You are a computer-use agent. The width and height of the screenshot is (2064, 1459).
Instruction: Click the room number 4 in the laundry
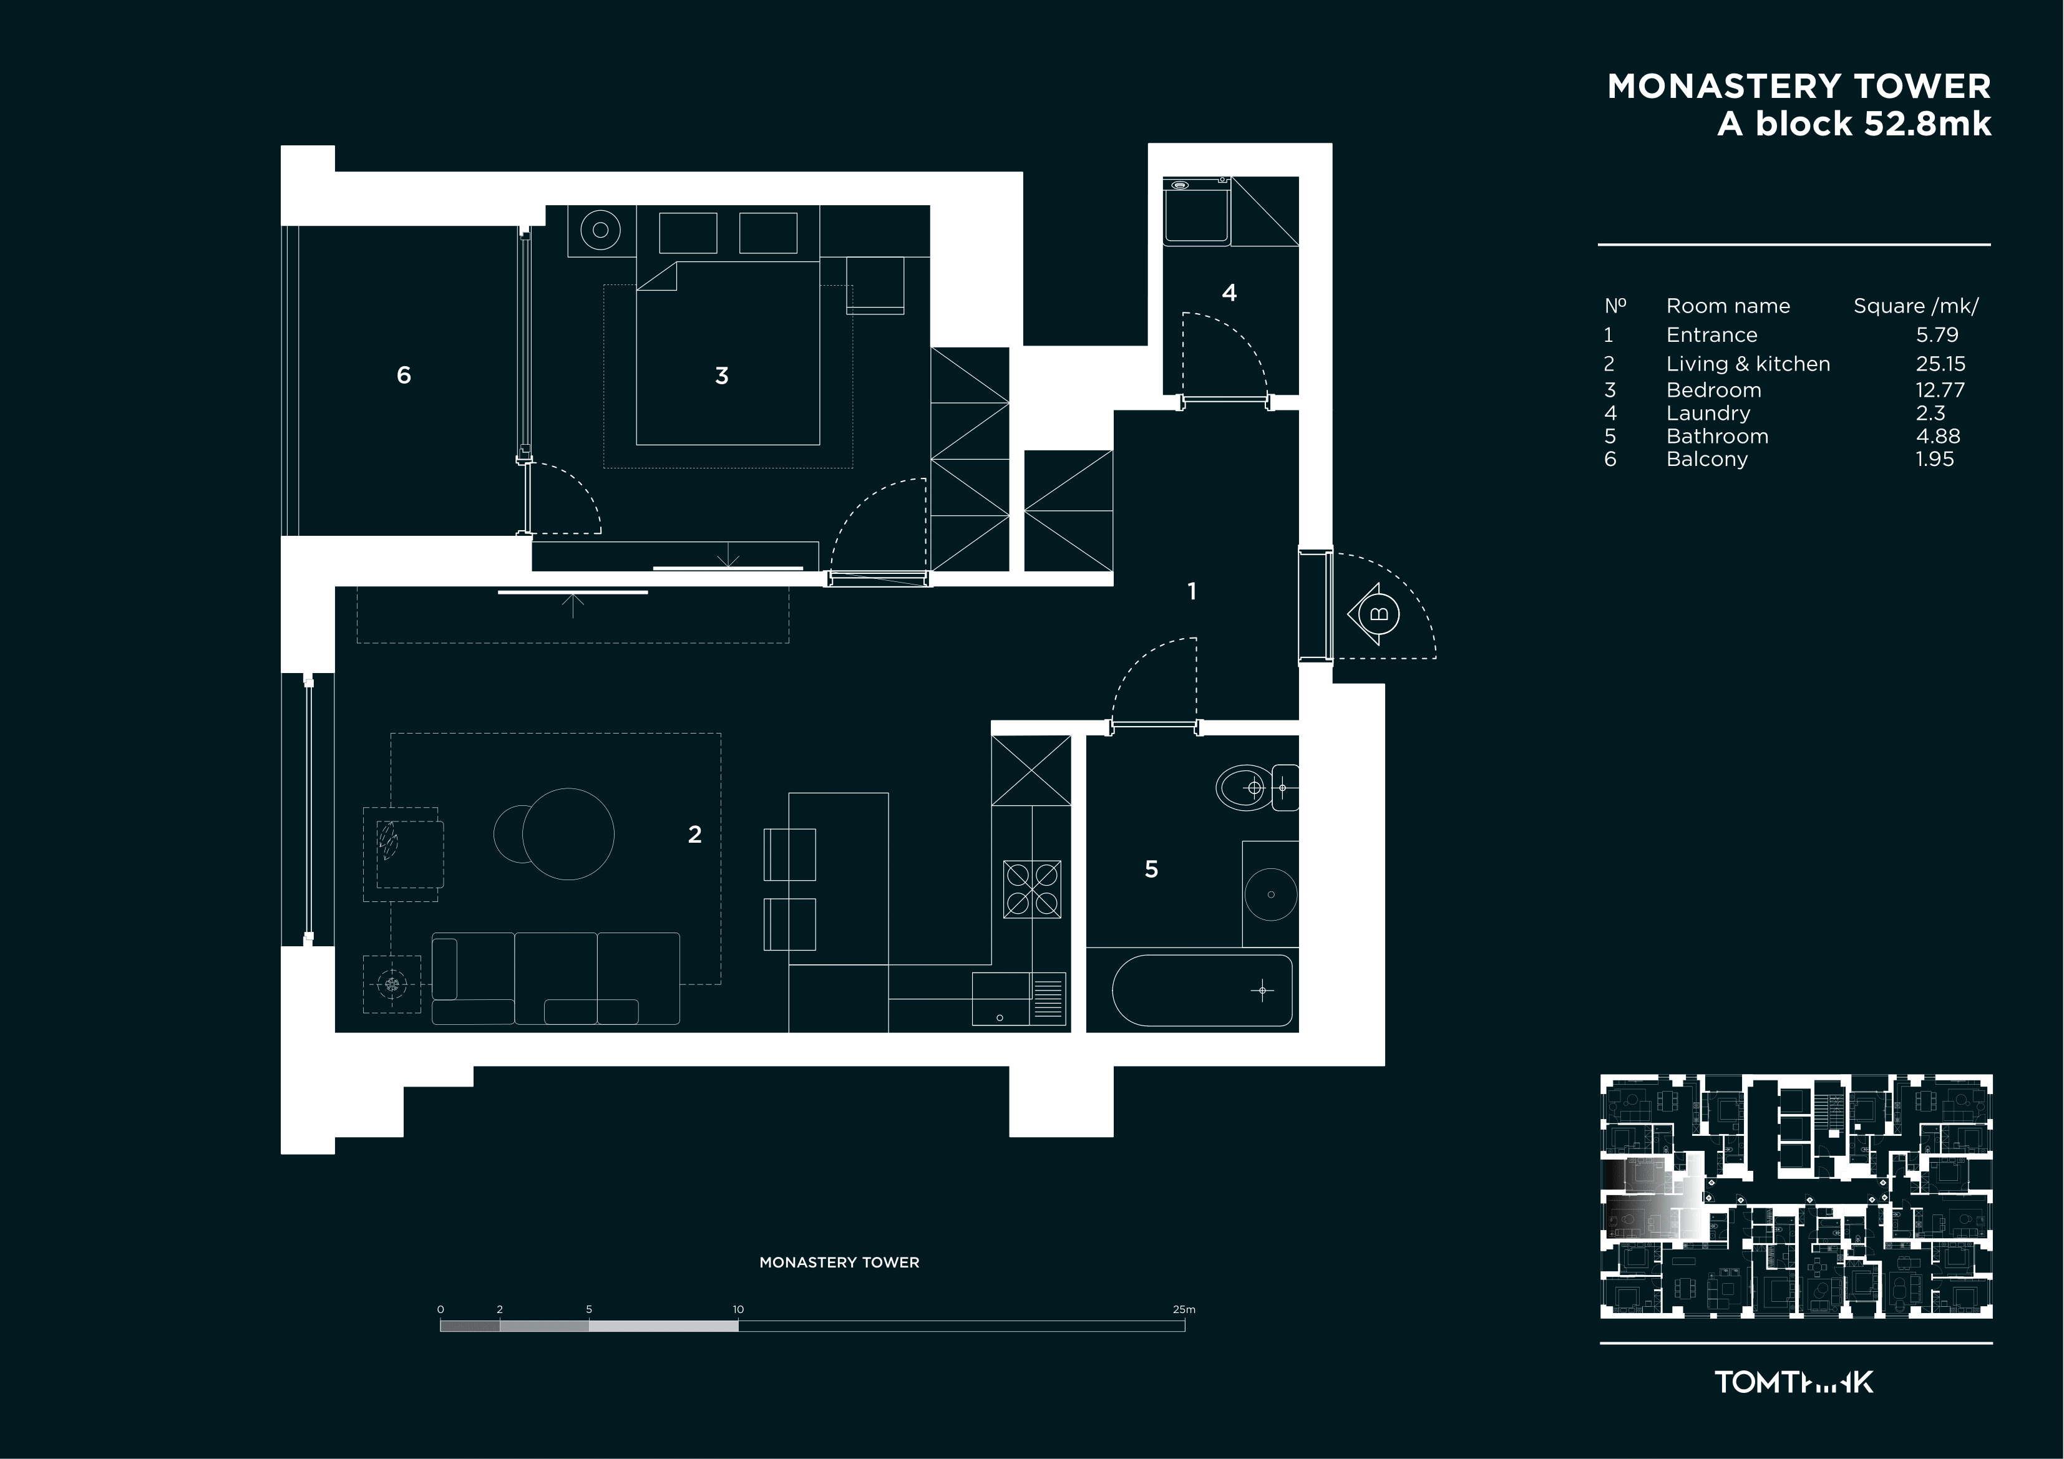(1229, 292)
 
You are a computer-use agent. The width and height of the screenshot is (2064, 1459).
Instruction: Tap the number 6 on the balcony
(404, 375)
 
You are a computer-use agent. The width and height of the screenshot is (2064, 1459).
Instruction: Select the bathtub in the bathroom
(1203, 991)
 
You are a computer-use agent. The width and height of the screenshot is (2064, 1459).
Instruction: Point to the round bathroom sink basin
(1270, 894)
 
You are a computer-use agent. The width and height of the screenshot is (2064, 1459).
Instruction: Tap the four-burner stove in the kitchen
(1032, 889)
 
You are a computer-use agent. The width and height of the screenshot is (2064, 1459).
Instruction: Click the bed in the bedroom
(728, 352)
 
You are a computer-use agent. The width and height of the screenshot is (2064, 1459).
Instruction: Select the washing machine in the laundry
(1197, 211)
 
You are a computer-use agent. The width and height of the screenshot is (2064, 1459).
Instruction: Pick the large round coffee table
(568, 834)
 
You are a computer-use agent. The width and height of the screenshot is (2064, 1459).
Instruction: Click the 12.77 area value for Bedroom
(1940, 390)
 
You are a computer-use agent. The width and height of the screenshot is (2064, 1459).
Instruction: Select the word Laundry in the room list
(1708, 414)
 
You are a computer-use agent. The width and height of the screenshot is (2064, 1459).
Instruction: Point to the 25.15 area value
(1940, 364)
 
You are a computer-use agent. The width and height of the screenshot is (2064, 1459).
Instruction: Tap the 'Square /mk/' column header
(1916, 306)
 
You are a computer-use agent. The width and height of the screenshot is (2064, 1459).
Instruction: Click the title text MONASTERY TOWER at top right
(1799, 86)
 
